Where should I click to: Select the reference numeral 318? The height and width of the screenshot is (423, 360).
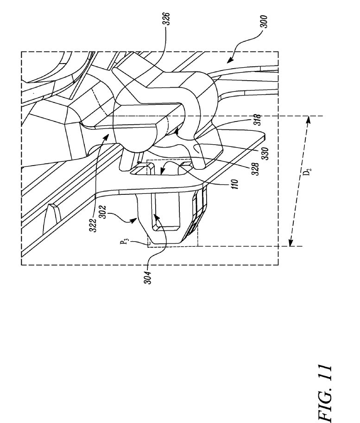point(258,120)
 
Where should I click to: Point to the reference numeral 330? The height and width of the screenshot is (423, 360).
point(265,153)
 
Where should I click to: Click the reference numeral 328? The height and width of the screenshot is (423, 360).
point(256,169)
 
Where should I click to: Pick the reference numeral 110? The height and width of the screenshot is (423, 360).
point(235,184)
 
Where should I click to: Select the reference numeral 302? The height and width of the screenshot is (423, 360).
point(103,212)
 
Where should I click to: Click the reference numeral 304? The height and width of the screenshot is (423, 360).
point(148,277)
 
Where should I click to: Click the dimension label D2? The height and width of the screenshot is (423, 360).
point(308,172)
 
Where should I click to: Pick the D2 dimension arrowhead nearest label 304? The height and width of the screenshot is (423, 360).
point(290,244)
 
